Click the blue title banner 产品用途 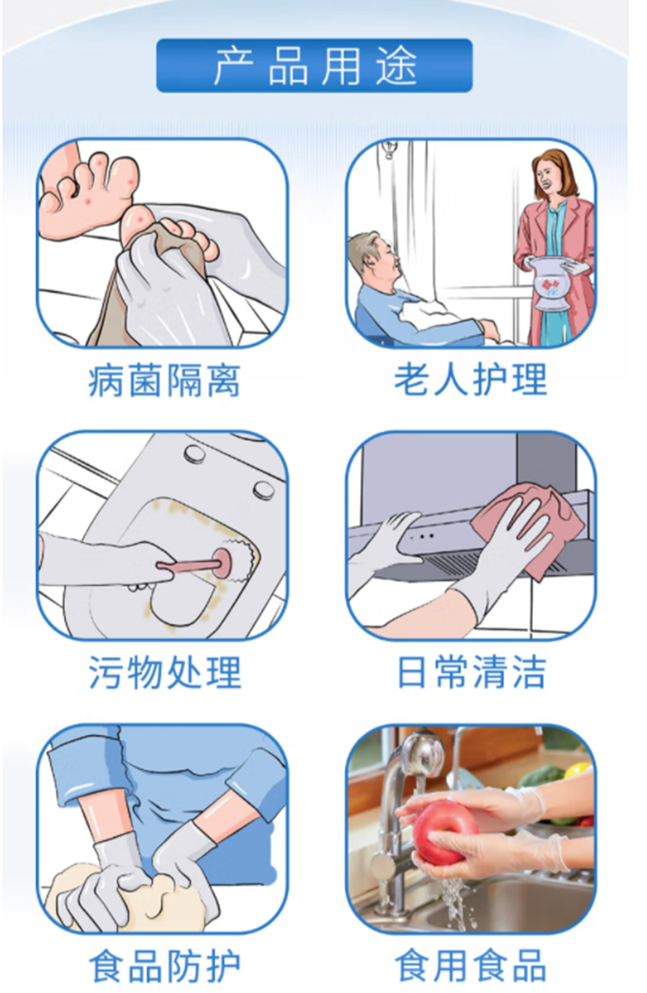(314, 65)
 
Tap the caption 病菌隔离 (164, 381)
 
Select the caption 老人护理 (471, 379)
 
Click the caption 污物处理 (165, 672)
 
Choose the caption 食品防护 (164, 966)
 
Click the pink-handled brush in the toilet (200, 564)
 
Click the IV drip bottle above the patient (389, 149)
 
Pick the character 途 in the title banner (396, 66)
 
